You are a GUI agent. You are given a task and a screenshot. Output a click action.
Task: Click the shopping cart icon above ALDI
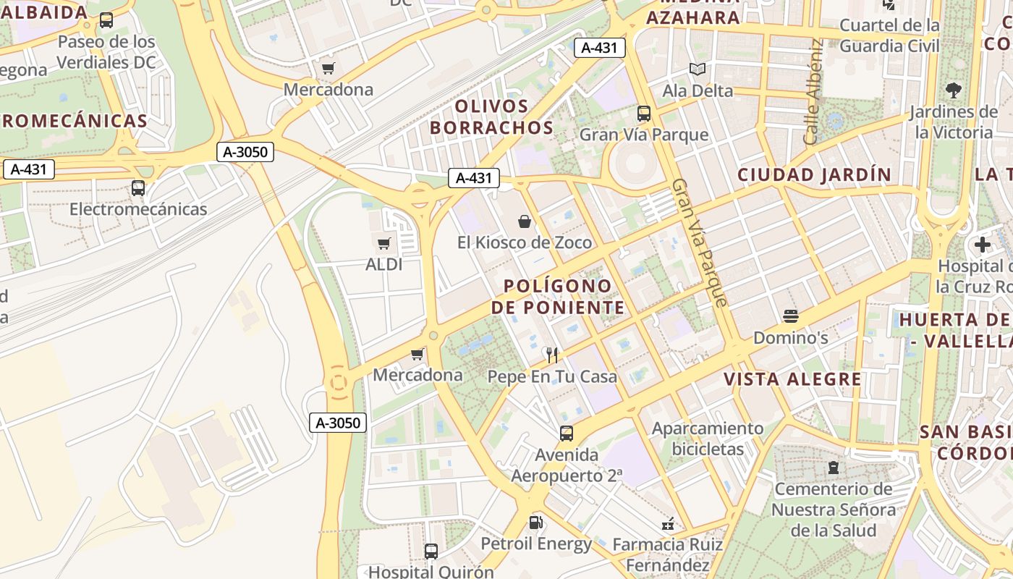[383, 243]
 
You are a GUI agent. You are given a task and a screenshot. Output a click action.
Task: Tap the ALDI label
[383, 264]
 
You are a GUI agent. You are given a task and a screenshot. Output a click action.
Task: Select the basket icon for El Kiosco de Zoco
[525, 221]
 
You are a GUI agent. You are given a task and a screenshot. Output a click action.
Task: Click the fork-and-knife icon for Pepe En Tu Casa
[552, 355]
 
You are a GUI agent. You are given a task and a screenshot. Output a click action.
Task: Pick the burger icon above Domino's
[790, 316]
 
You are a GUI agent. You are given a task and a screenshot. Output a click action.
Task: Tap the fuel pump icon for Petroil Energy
[535, 522]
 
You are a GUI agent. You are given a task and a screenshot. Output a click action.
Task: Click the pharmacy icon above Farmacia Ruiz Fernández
[668, 523]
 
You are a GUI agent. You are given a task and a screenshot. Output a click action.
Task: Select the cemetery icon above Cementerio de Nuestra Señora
[834, 468]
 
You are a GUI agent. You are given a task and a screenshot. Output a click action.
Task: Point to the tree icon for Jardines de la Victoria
[954, 90]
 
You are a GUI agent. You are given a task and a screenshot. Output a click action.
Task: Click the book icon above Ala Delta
[698, 69]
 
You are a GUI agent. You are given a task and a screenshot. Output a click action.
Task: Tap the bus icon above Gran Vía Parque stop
[644, 114]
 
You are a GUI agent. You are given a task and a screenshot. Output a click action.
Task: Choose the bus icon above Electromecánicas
[138, 188]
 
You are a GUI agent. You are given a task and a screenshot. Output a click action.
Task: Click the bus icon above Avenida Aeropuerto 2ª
[567, 434]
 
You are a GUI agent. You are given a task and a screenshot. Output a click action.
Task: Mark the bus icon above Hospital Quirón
[431, 551]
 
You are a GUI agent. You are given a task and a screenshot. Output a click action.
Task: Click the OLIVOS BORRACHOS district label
[492, 117]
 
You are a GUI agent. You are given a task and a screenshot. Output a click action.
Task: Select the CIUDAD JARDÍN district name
[815, 174]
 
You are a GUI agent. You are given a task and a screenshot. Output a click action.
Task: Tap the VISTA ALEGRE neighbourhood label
[792, 379]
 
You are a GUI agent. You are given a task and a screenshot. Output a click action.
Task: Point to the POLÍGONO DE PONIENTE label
[557, 297]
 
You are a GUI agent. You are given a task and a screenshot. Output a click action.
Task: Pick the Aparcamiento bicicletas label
[708, 439]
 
